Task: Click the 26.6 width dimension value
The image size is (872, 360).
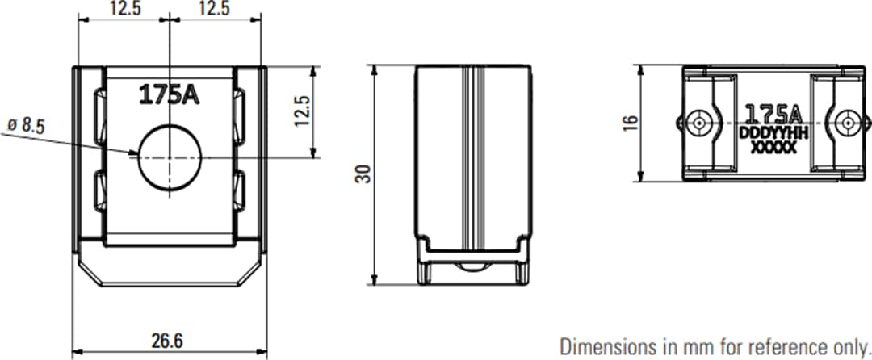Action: tap(167, 341)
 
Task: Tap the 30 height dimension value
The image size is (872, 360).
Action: tap(365, 174)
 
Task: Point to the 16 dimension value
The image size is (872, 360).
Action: tap(631, 122)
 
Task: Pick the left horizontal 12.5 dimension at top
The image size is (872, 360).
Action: tap(124, 9)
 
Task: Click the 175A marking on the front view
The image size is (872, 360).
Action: tap(169, 95)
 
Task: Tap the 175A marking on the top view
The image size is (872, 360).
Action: tap(772, 112)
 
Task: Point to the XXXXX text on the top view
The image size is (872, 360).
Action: tap(773, 148)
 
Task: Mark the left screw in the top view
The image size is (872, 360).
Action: tap(699, 123)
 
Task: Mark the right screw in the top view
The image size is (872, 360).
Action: tap(847, 123)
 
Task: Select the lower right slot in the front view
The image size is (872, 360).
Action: tap(240, 192)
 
